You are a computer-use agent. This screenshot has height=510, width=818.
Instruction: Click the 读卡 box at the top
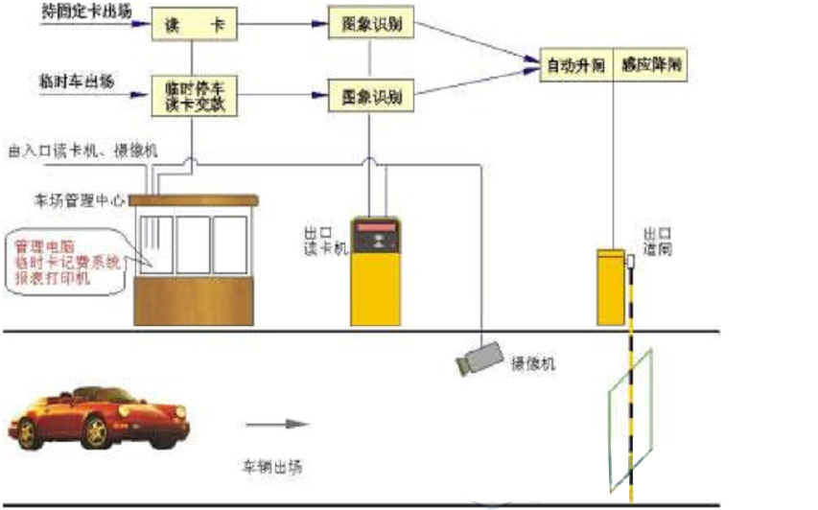pos(195,25)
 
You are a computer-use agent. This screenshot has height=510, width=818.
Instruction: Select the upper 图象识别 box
pos(363,25)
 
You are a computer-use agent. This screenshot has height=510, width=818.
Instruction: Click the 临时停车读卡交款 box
pos(195,96)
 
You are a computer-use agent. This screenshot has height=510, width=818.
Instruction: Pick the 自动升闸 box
pos(575,65)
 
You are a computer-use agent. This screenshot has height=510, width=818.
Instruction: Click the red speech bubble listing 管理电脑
pos(65,257)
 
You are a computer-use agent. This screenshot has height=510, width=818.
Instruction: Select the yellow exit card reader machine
pos(375,272)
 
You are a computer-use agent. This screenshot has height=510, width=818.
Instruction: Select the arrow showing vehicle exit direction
pos(277,423)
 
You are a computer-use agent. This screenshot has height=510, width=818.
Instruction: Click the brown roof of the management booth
pos(194,200)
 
